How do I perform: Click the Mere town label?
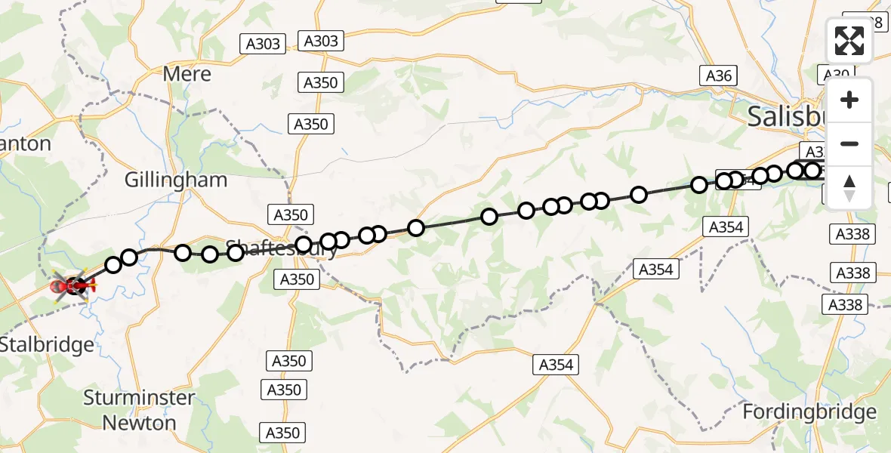(187, 74)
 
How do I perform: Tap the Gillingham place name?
(176, 180)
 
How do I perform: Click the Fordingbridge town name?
(809, 412)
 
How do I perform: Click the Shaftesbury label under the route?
(282, 248)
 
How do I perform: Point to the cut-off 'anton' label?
(26, 143)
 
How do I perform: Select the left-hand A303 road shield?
(264, 44)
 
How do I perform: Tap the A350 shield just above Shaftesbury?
(291, 214)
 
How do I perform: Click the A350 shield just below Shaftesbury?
(297, 279)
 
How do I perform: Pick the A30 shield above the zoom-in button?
(835, 74)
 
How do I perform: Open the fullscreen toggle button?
(849, 41)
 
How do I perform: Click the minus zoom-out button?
(849, 143)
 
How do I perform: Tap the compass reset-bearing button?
(849, 187)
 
